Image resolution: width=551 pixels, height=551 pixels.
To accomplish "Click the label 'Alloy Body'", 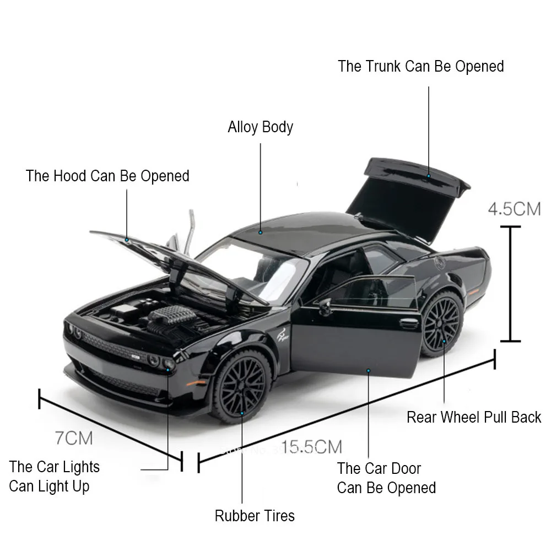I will (x=260, y=127).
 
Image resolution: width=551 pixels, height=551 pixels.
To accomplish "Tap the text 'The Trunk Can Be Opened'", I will (x=421, y=67).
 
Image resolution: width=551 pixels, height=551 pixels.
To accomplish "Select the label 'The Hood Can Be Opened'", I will (x=107, y=176).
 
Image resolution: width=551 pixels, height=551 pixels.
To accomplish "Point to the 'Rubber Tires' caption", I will (x=255, y=516).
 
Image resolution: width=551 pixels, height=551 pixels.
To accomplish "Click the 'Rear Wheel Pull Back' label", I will (x=474, y=417).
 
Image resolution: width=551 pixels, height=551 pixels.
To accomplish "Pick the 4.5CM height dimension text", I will (x=514, y=209).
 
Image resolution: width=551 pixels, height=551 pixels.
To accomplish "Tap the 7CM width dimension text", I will (x=74, y=438).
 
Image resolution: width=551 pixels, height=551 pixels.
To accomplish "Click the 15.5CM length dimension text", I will (x=311, y=446).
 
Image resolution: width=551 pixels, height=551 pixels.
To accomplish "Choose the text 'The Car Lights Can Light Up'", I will (x=54, y=477).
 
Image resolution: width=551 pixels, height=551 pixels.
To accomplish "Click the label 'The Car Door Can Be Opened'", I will (x=386, y=478).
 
